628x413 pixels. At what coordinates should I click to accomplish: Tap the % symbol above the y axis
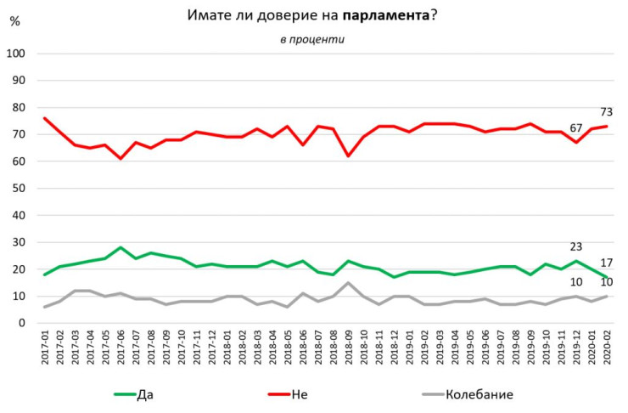[14, 22]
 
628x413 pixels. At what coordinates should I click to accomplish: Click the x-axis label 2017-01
[44, 351]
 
